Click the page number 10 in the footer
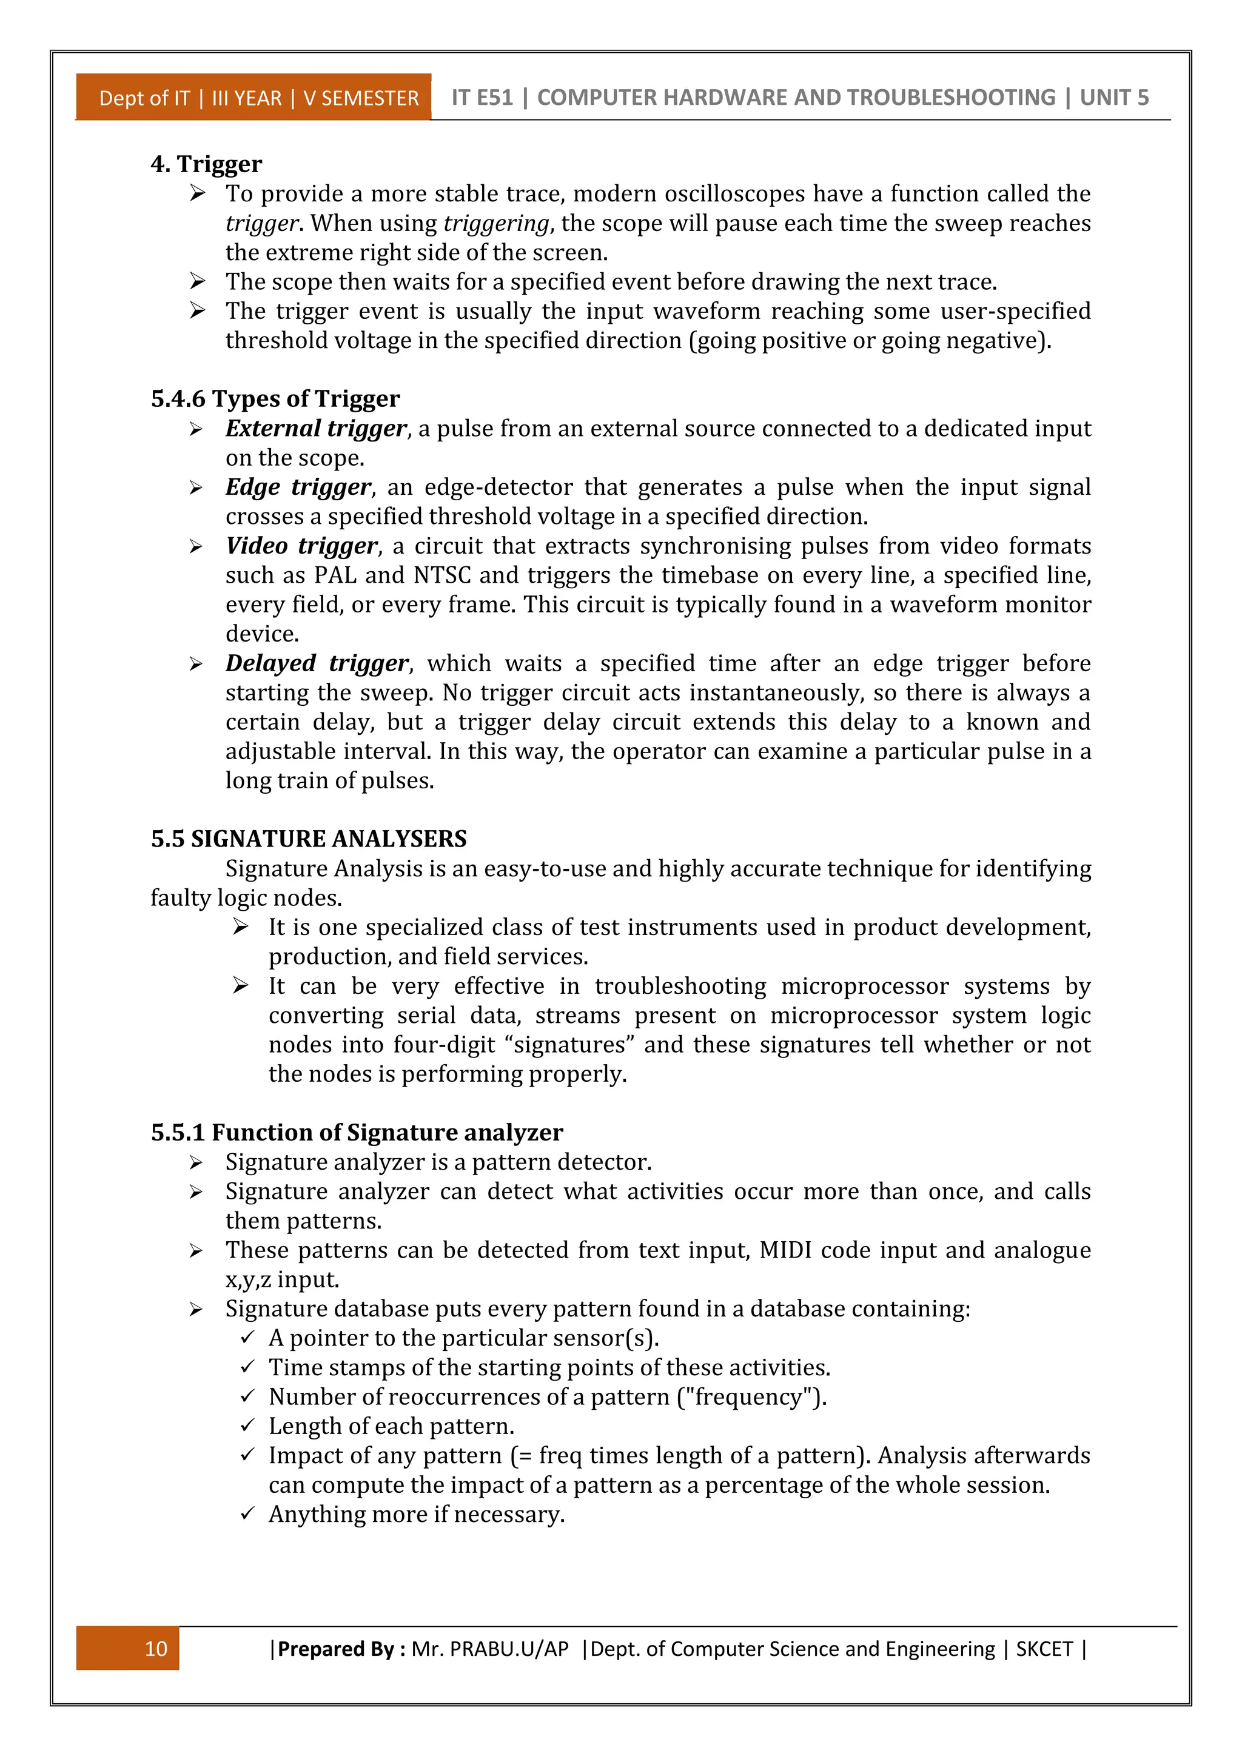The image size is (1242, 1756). click(156, 1648)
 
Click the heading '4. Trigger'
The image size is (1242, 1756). click(206, 164)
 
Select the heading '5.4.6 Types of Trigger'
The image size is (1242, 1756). click(275, 398)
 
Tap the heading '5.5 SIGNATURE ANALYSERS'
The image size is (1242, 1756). click(308, 839)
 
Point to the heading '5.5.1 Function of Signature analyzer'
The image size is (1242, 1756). click(357, 1132)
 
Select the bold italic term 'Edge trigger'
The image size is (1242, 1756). click(298, 487)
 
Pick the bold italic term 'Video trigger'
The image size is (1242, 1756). click(301, 546)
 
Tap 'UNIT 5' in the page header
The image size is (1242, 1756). click(1113, 98)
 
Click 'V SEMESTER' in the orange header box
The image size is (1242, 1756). click(361, 99)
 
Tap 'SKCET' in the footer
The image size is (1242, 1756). click(1044, 1648)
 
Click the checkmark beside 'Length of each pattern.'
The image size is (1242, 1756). click(247, 1426)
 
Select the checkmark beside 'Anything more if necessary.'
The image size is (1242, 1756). click(247, 1513)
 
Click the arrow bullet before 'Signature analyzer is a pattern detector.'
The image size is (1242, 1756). click(196, 1162)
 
